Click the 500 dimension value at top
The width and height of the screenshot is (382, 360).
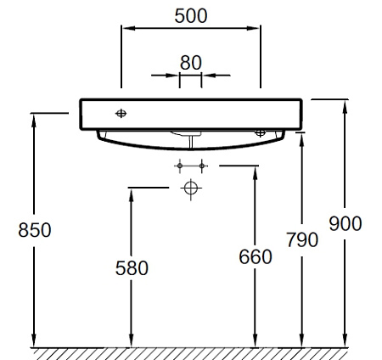pyautogui.click(x=191, y=16)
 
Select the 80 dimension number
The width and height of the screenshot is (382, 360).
pyautogui.click(x=191, y=63)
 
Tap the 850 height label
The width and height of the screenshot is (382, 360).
pyautogui.click(x=35, y=230)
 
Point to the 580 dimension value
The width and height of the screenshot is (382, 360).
pyautogui.click(x=132, y=268)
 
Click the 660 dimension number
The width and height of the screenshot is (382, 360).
pyautogui.click(x=256, y=256)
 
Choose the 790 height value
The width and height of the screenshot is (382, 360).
pyautogui.click(x=302, y=239)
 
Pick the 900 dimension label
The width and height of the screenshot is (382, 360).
pyautogui.click(x=345, y=223)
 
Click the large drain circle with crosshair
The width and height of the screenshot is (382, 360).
pyautogui.click(x=191, y=188)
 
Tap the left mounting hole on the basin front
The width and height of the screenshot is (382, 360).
pyautogui.click(x=121, y=114)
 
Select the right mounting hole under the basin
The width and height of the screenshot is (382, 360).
pyautogui.click(x=261, y=132)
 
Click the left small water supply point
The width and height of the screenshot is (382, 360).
pyautogui.click(x=180, y=166)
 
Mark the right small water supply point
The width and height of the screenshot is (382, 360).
pyautogui.click(x=202, y=166)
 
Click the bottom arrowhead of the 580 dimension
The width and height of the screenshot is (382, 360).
pyautogui.click(x=131, y=340)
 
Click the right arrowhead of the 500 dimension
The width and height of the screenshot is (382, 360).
pyautogui.click(x=253, y=28)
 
